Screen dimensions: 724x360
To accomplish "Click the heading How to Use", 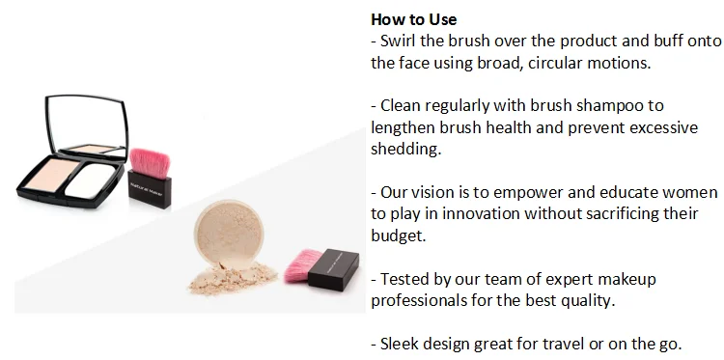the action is pyautogui.click(x=414, y=19).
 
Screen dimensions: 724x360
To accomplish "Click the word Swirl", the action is pyautogui.click(x=398, y=42).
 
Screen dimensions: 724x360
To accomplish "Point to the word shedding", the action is pyautogui.click(x=406, y=149).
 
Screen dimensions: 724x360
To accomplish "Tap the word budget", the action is pyautogui.click(x=399, y=235).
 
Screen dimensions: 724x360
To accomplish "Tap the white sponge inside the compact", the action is pyautogui.click(x=91, y=180).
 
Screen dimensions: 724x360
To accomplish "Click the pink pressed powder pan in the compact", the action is pyautogui.click(x=52, y=175).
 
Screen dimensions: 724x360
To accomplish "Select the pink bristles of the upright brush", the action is pyautogui.click(x=150, y=162).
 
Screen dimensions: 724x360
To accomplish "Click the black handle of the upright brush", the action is pyautogui.click(x=149, y=189).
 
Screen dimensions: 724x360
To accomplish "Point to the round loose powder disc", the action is pyautogui.click(x=229, y=233).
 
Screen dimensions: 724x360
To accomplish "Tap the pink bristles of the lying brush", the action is pyautogui.click(x=302, y=265).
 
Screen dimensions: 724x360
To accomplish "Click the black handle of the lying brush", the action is pyautogui.click(x=333, y=269).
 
